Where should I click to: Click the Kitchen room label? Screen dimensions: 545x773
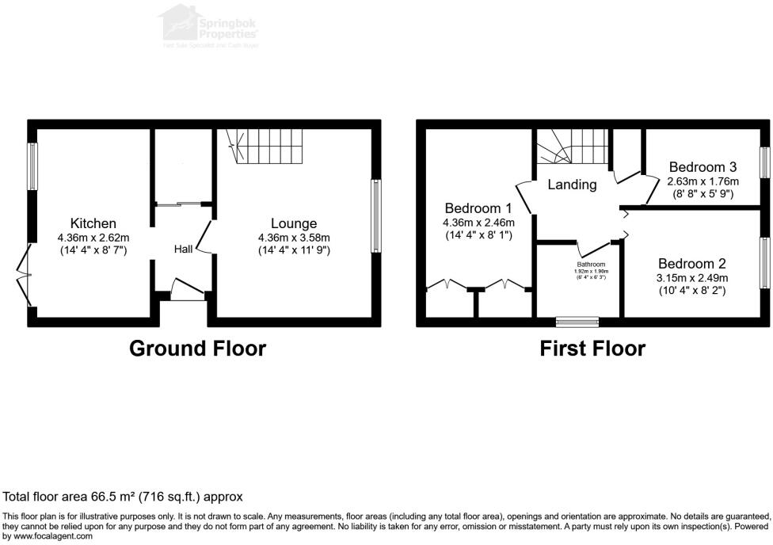[x=93, y=224]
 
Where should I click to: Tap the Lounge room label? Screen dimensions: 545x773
[x=293, y=224]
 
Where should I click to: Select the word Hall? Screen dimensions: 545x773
[x=184, y=250]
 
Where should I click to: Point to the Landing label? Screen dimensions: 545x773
[x=572, y=185]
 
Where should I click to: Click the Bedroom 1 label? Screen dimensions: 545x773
[x=479, y=208]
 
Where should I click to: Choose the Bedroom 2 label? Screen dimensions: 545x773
[x=691, y=264]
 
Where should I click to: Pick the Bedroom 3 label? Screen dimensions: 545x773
[x=703, y=167]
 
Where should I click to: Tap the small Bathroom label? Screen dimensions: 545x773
[x=591, y=265]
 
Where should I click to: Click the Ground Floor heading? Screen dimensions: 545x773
[x=197, y=348]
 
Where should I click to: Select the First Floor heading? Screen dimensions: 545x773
[x=592, y=348]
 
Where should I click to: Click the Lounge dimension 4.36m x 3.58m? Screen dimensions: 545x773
[x=294, y=238]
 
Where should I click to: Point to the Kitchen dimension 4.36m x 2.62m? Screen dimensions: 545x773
[x=93, y=238]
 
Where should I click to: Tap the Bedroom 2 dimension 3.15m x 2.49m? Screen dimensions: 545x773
[x=691, y=278]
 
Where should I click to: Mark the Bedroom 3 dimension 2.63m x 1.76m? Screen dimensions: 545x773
[x=703, y=181]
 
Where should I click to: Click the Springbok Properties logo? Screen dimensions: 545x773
[x=209, y=25]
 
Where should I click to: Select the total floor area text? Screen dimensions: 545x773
[x=123, y=497]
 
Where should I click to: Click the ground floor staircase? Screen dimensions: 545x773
[x=265, y=147]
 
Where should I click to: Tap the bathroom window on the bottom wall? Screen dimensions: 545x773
[x=577, y=322]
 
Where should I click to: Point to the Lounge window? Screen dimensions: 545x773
[x=375, y=216]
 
